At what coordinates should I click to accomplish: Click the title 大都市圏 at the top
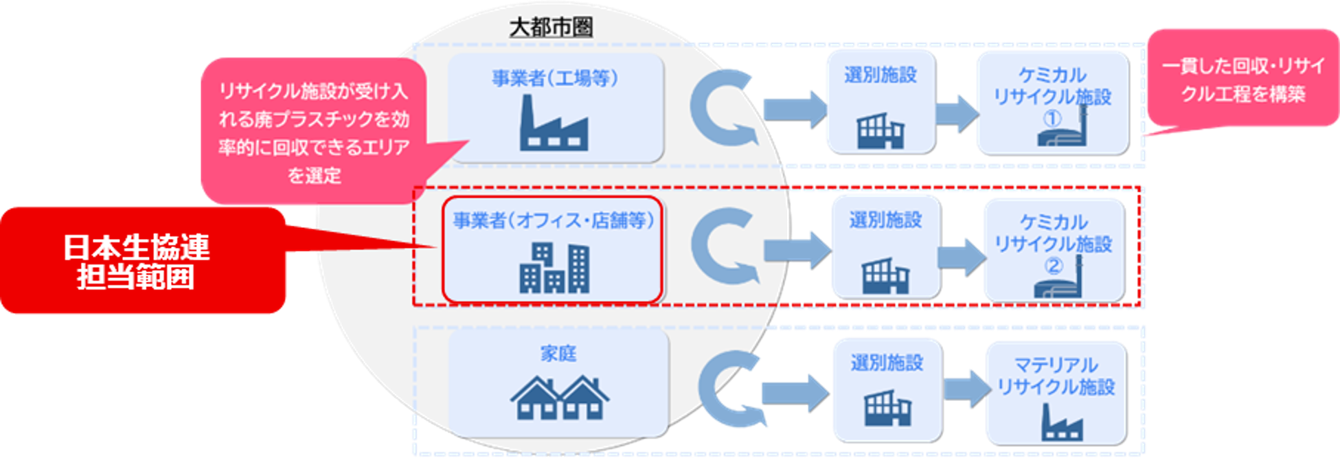(550, 28)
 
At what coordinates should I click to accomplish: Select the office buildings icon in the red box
(554, 268)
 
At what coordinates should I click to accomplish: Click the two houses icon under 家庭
(559, 398)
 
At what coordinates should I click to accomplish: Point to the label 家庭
(558, 354)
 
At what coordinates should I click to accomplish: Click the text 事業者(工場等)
(555, 78)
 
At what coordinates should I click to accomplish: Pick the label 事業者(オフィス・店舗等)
(553, 221)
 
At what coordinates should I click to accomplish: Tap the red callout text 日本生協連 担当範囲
(136, 262)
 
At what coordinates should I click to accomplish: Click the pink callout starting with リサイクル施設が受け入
(314, 133)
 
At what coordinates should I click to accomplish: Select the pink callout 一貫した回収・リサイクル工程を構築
(1244, 80)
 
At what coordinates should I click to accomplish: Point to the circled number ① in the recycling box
(1052, 119)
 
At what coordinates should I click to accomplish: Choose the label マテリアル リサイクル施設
(1056, 376)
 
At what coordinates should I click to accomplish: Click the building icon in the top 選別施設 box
(881, 130)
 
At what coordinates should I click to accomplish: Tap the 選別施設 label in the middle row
(885, 220)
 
